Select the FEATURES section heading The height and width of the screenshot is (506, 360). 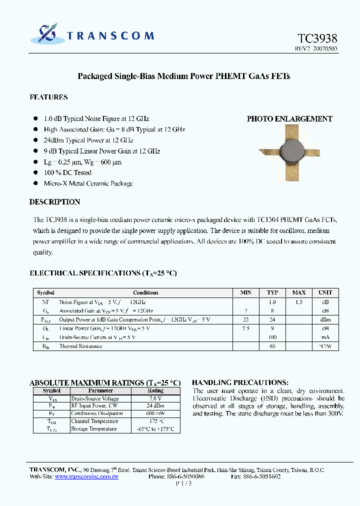point(48,97)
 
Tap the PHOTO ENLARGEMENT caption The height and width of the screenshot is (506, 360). point(289,119)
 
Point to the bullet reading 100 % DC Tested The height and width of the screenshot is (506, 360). point(67,172)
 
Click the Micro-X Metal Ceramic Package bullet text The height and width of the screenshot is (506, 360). point(88,183)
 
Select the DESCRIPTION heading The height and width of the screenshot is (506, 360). point(54,202)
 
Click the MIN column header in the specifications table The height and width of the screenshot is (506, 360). point(246,292)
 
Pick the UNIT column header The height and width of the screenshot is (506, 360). point(325,292)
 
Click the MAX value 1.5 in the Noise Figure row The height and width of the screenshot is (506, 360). point(299,302)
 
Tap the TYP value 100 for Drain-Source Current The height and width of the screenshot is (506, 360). point(272,337)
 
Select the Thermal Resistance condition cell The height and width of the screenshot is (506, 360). point(80,346)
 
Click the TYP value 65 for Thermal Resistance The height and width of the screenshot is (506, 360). point(272,346)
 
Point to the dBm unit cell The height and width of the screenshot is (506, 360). point(325,319)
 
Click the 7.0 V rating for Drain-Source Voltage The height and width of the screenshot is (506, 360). point(155,398)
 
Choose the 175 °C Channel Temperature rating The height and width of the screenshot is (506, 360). point(155,421)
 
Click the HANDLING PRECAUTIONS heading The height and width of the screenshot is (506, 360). point(240,382)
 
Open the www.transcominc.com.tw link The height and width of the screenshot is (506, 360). point(86,477)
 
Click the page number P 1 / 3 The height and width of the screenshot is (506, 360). point(183,484)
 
